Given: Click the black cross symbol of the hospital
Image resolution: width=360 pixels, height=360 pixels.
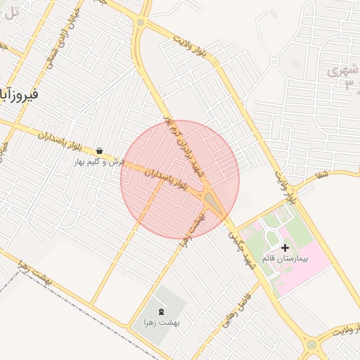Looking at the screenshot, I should [x=285, y=247].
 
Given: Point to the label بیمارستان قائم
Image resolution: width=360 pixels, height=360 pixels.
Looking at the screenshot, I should [x=285, y=259].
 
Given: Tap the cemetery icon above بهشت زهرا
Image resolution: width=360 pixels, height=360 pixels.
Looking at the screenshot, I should [x=161, y=311].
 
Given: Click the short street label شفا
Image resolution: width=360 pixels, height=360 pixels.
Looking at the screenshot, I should [x=323, y=175].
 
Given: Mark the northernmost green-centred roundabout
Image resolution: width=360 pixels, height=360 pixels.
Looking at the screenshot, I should [x=140, y=22].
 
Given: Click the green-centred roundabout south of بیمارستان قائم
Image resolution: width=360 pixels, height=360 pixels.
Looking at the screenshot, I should [x=311, y=345].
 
